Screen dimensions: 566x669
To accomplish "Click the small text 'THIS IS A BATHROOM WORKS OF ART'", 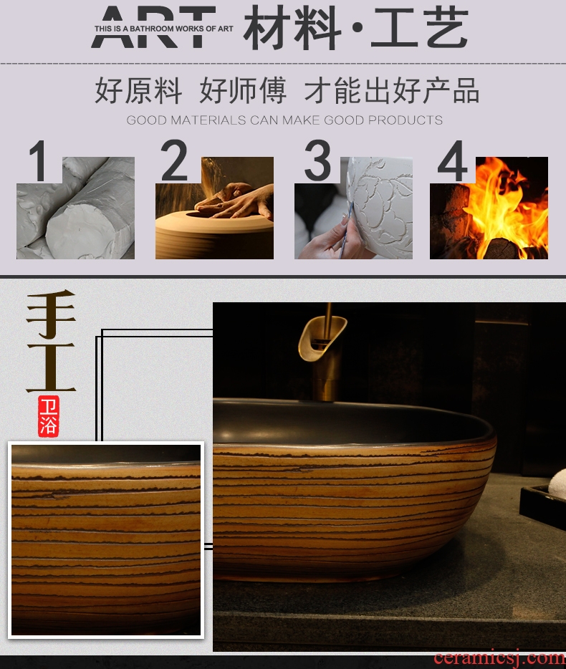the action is (x=163, y=29).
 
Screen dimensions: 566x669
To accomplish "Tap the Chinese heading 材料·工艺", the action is (x=356, y=28).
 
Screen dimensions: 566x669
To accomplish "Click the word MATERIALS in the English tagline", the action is (x=208, y=120).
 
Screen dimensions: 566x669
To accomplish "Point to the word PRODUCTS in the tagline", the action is (x=405, y=120).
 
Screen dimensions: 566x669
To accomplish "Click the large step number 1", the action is (x=38, y=161).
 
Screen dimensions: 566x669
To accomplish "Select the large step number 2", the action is (x=174, y=160).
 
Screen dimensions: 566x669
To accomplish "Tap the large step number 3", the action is (x=318, y=160).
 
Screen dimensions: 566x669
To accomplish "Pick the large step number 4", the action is (x=453, y=161).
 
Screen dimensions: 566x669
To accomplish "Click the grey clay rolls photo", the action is (x=75, y=208).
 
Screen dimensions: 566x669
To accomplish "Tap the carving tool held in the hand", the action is (x=346, y=231).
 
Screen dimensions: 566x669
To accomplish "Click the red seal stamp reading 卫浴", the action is (x=48, y=416).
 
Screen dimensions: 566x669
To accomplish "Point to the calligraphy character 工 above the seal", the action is (x=51, y=367).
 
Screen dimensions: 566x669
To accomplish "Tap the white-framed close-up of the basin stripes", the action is (x=106, y=540).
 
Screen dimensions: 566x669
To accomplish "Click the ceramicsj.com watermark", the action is (x=499, y=659).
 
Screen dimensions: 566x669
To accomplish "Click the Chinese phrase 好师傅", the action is (x=243, y=90).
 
